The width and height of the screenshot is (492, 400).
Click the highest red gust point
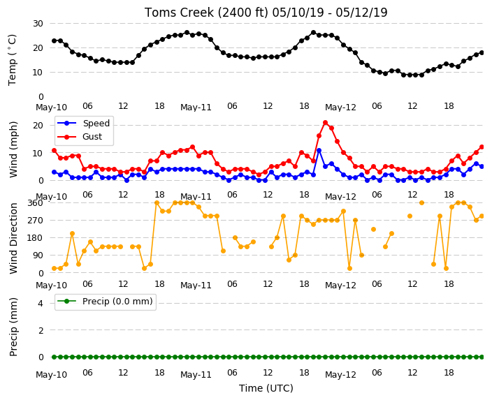pos(326,123)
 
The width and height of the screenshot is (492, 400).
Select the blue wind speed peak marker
pos(319,151)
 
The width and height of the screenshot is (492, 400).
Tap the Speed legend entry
pos(83,123)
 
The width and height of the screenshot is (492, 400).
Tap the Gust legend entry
pos(80,137)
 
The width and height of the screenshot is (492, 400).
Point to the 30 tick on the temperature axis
pos(38,24)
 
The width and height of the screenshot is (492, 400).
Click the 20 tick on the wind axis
pos(38,126)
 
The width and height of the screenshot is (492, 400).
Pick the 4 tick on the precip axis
pos(41,303)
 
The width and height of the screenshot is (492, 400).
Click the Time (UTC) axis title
pos(266,388)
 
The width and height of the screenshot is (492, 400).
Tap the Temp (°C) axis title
pos(13,60)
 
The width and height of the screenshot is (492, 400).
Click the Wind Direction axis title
pos(13,238)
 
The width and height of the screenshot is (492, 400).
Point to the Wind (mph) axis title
pos(13,149)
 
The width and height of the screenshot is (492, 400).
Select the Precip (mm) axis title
pos(13,327)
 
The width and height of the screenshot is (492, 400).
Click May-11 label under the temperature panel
pos(196,108)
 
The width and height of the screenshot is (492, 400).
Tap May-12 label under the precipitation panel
pos(341,375)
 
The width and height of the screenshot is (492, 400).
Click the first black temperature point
pos(55,40)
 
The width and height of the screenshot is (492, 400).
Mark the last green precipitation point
pos(482,357)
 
